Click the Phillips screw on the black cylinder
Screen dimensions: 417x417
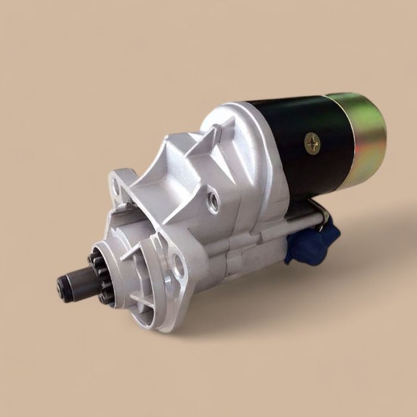[x=312, y=142]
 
